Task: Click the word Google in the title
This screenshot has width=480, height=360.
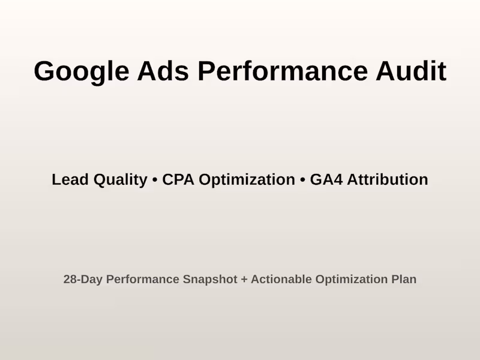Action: [x=81, y=71]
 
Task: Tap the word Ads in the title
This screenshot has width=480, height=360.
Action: [x=163, y=71]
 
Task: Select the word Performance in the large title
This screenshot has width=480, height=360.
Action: [x=283, y=71]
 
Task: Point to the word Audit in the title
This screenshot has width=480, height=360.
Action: [x=411, y=71]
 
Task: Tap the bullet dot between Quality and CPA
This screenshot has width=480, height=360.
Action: [x=155, y=180]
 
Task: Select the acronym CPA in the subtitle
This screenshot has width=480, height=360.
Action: [x=178, y=179]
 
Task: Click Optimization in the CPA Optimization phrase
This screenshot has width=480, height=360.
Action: [x=247, y=180]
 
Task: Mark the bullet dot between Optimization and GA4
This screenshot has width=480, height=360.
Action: [x=302, y=180]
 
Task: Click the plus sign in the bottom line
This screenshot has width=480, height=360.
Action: [x=244, y=280]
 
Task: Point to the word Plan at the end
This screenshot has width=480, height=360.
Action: [x=404, y=280]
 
